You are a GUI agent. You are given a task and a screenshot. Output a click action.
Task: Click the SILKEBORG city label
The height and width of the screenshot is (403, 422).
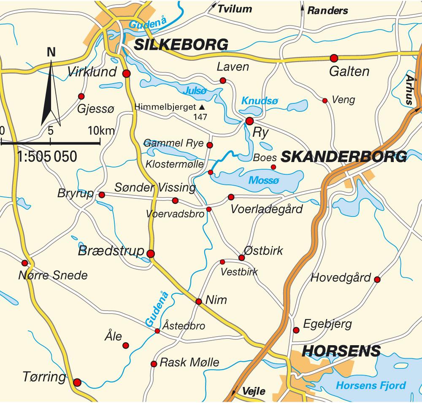pyautogui.click(x=181, y=45)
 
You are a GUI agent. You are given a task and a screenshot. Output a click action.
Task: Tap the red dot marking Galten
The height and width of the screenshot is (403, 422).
pyautogui.click(x=334, y=58)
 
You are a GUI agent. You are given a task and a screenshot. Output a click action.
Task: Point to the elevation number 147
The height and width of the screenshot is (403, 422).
pyautogui.click(x=200, y=117)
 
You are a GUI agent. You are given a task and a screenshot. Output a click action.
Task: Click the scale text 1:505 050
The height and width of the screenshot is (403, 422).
pyautogui.click(x=47, y=157)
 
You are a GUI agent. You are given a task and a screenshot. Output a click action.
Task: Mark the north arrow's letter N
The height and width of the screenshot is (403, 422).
pyautogui.click(x=51, y=52)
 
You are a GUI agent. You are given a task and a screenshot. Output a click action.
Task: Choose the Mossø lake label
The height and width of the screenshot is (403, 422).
pyautogui.click(x=264, y=181)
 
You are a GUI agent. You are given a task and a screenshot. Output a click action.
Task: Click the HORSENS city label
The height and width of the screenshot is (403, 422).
pyautogui.click(x=341, y=351)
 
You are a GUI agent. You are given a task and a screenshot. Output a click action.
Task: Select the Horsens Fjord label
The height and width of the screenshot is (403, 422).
pyautogui.click(x=371, y=385)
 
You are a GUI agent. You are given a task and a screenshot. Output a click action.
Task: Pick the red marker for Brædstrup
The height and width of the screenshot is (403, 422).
pyautogui.click(x=151, y=254)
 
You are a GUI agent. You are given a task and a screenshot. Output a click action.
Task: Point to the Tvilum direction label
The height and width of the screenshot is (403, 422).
pyautogui.click(x=235, y=9)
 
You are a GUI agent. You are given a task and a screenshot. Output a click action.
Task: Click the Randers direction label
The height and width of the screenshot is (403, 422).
pyautogui.click(x=327, y=11)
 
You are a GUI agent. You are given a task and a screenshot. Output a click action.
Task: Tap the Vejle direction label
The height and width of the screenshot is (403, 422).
pyautogui.click(x=254, y=392)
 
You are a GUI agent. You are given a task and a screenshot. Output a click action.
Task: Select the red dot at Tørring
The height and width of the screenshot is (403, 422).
pyautogui.click(x=77, y=383)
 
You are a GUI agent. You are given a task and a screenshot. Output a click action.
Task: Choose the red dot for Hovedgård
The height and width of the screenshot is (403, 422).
pyautogui.click(x=377, y=279)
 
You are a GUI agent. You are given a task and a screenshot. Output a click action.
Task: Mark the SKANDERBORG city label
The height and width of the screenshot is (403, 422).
pyautogui.click(x=344, y=157)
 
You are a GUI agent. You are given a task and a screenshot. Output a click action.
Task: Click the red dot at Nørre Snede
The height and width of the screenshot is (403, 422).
pyautogui.click(x=24, y=263)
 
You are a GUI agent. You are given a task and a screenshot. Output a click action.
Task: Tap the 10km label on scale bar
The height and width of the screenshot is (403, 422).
pyautogui.click(x=101, y=130)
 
